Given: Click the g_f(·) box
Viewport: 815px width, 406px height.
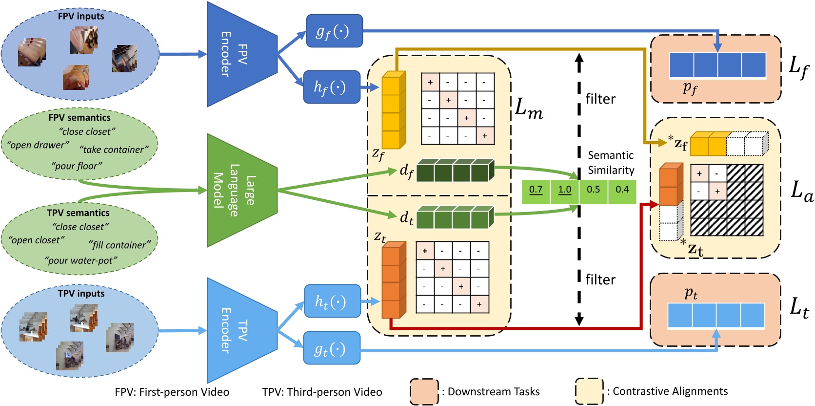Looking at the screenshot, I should (334, 31).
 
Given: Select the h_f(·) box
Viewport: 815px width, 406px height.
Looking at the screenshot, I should (332, 87).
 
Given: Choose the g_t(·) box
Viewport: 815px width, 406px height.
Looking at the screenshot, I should (332, 348).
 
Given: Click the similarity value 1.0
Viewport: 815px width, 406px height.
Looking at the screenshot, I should (565, 190).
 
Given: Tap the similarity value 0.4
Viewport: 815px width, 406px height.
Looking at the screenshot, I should (622, 190).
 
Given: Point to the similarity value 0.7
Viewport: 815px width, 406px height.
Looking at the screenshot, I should (536, 190).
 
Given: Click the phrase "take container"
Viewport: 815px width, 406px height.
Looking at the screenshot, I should (114, 150).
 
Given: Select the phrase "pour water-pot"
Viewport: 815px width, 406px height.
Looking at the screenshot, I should (81, 260).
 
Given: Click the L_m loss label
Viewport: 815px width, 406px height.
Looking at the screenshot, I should (529, 109).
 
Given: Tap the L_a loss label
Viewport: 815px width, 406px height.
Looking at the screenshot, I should (801, 191).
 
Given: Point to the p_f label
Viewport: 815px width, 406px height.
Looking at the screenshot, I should (690, 88).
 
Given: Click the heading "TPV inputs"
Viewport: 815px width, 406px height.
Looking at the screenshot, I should (81, 293).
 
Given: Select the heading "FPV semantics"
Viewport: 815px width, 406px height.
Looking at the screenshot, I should (80, 118).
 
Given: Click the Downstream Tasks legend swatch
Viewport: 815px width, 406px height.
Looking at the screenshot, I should (424, 392).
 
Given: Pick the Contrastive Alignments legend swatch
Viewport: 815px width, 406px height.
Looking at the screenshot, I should (589, 391).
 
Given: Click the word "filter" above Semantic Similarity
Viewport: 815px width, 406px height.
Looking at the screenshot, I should (600, 99).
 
